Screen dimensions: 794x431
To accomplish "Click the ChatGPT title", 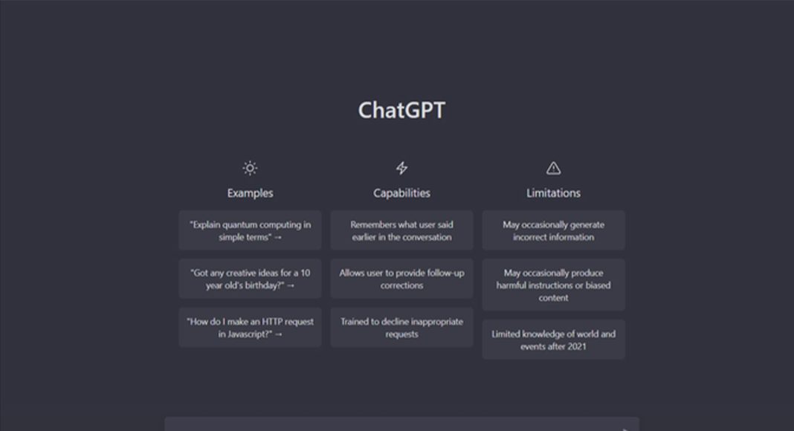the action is point(401,110).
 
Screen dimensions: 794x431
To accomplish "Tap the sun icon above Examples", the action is point(250,168).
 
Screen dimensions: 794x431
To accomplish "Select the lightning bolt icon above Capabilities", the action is point(401,168).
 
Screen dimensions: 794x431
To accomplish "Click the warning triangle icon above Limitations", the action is point(553,168).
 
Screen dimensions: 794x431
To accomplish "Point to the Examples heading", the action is point(250,192).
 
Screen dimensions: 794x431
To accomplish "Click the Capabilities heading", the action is point(401,192).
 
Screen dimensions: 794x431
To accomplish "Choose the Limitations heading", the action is point(553,192).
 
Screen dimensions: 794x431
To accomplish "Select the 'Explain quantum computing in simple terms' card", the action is point(250,230).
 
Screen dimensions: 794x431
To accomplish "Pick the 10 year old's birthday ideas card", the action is point(250,279).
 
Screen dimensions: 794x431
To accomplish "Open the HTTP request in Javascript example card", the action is point(250,327).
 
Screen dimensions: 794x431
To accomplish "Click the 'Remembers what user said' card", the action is point(401,230).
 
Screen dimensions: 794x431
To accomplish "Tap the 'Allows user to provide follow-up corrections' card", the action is point(401,279).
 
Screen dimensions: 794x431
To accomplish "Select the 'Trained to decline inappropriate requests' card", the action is point(401,327).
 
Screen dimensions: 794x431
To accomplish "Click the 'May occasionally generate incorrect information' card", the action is point(553,230).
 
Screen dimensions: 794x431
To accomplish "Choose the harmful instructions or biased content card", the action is point(553,285).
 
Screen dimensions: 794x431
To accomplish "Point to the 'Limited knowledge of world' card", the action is point(553,340).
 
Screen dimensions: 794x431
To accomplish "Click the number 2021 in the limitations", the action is point(576,346).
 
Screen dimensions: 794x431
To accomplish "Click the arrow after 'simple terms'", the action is point(277,237).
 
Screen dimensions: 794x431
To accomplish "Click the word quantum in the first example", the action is point(240,225).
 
